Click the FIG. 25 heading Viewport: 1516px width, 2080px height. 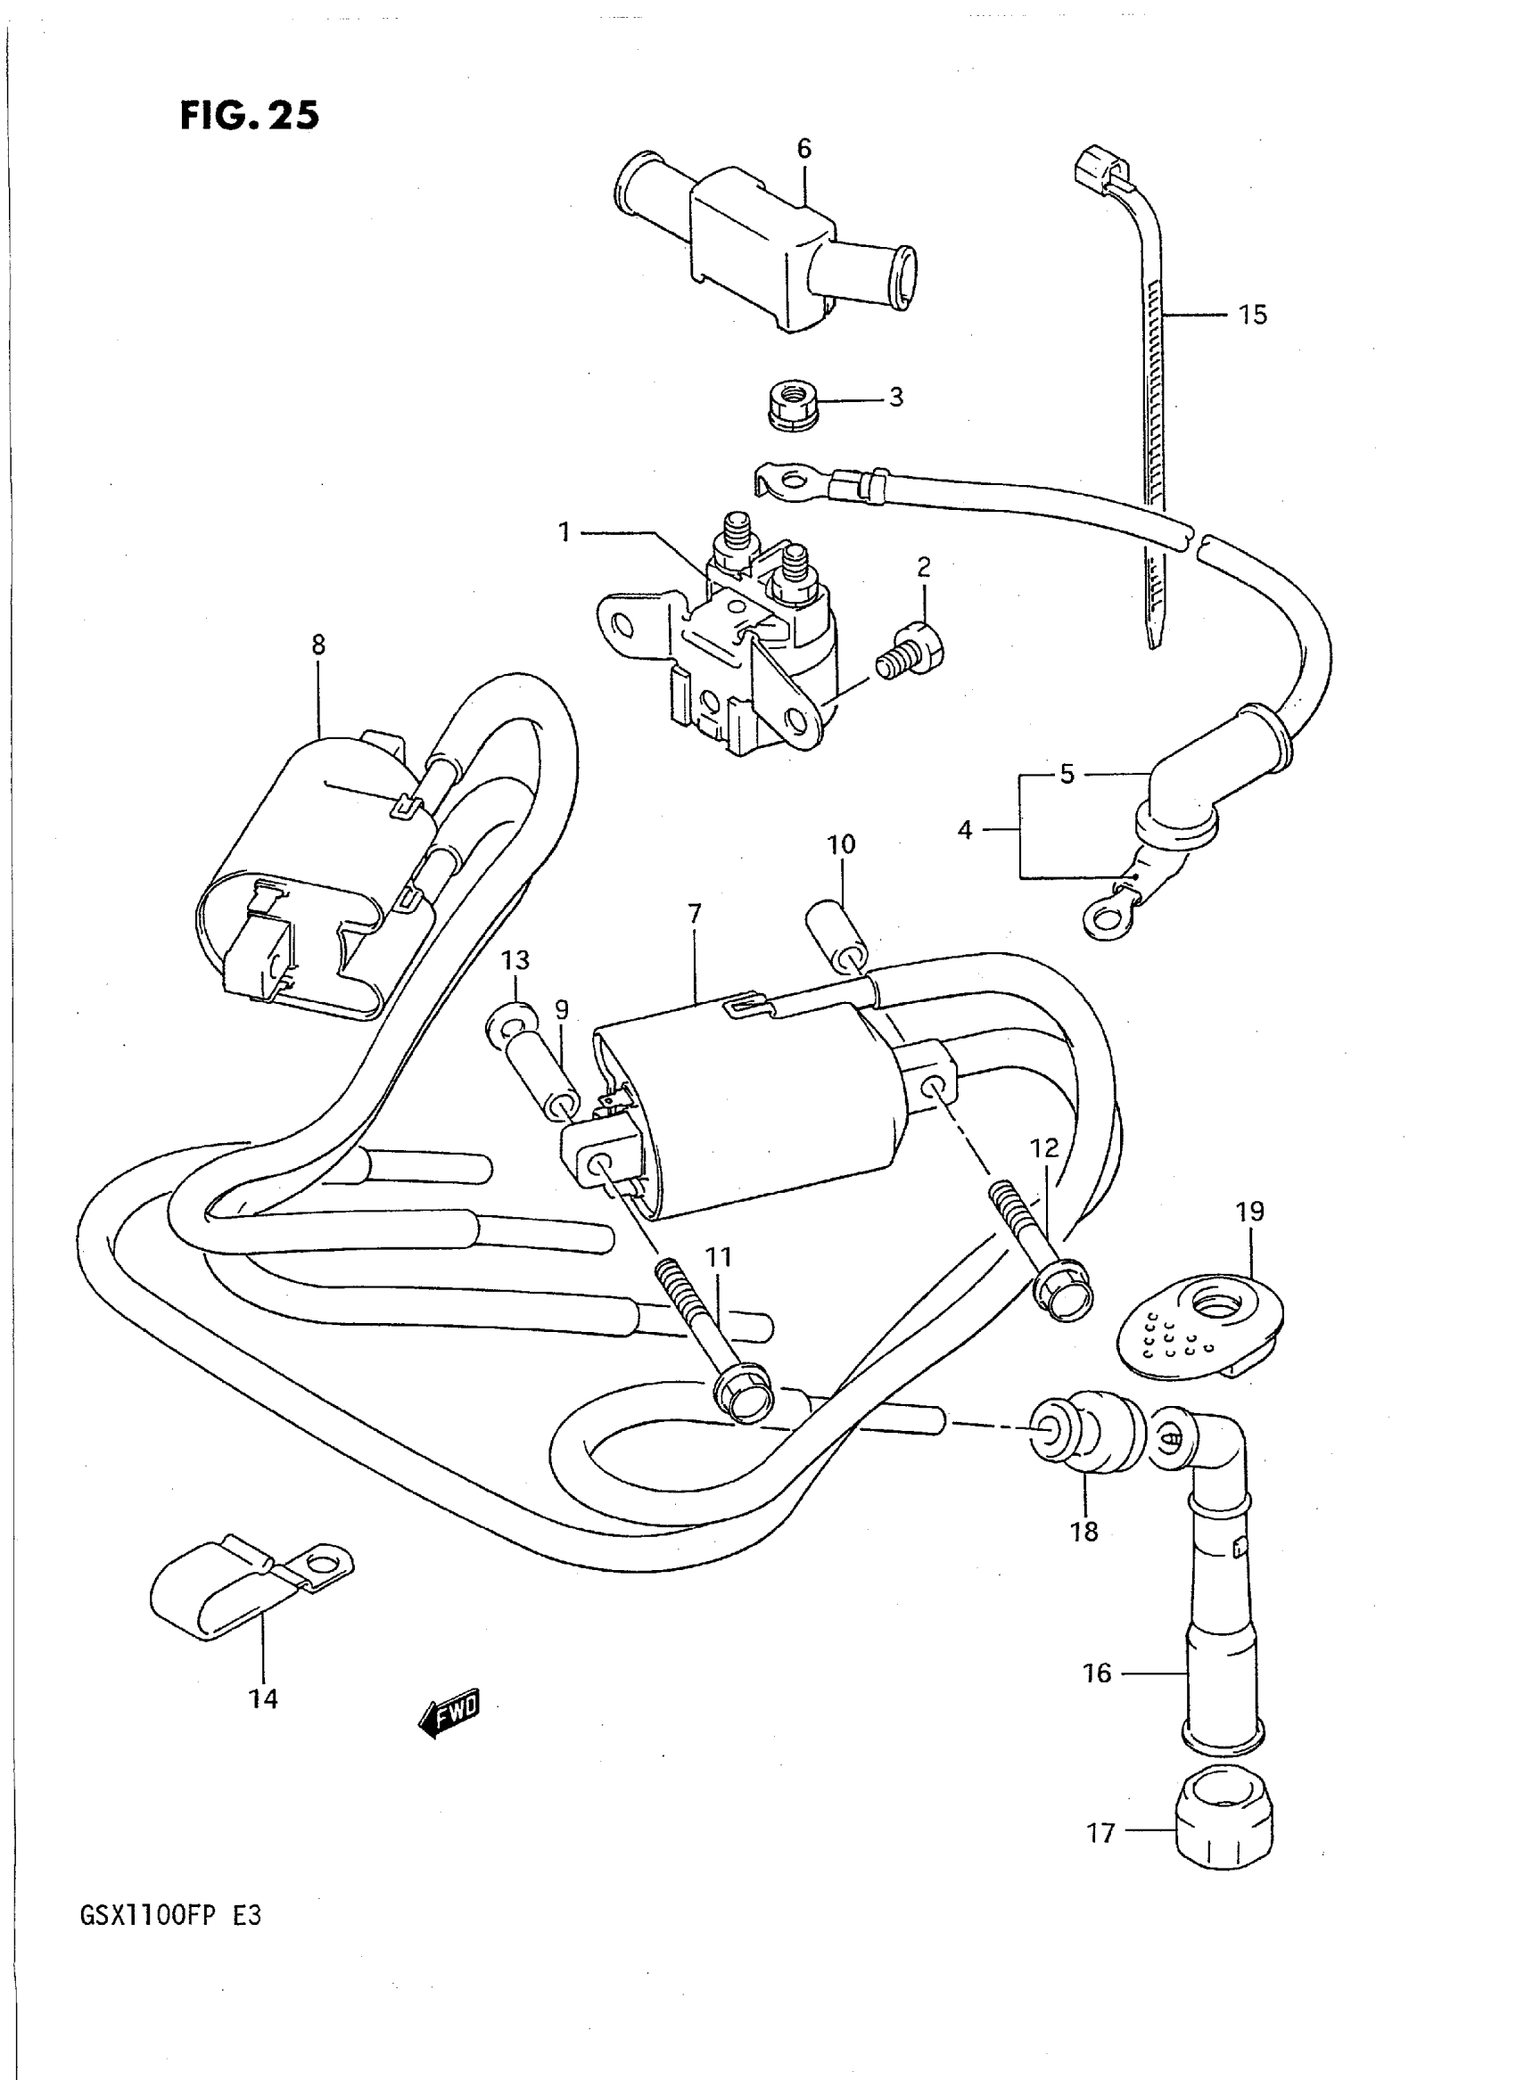click(250, 116)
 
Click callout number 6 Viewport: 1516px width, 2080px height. click(803, 149)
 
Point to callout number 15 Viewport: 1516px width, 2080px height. click(1252, 315)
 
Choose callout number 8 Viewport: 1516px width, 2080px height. click(318, 645)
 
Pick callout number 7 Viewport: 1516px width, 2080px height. click(695, 914)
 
